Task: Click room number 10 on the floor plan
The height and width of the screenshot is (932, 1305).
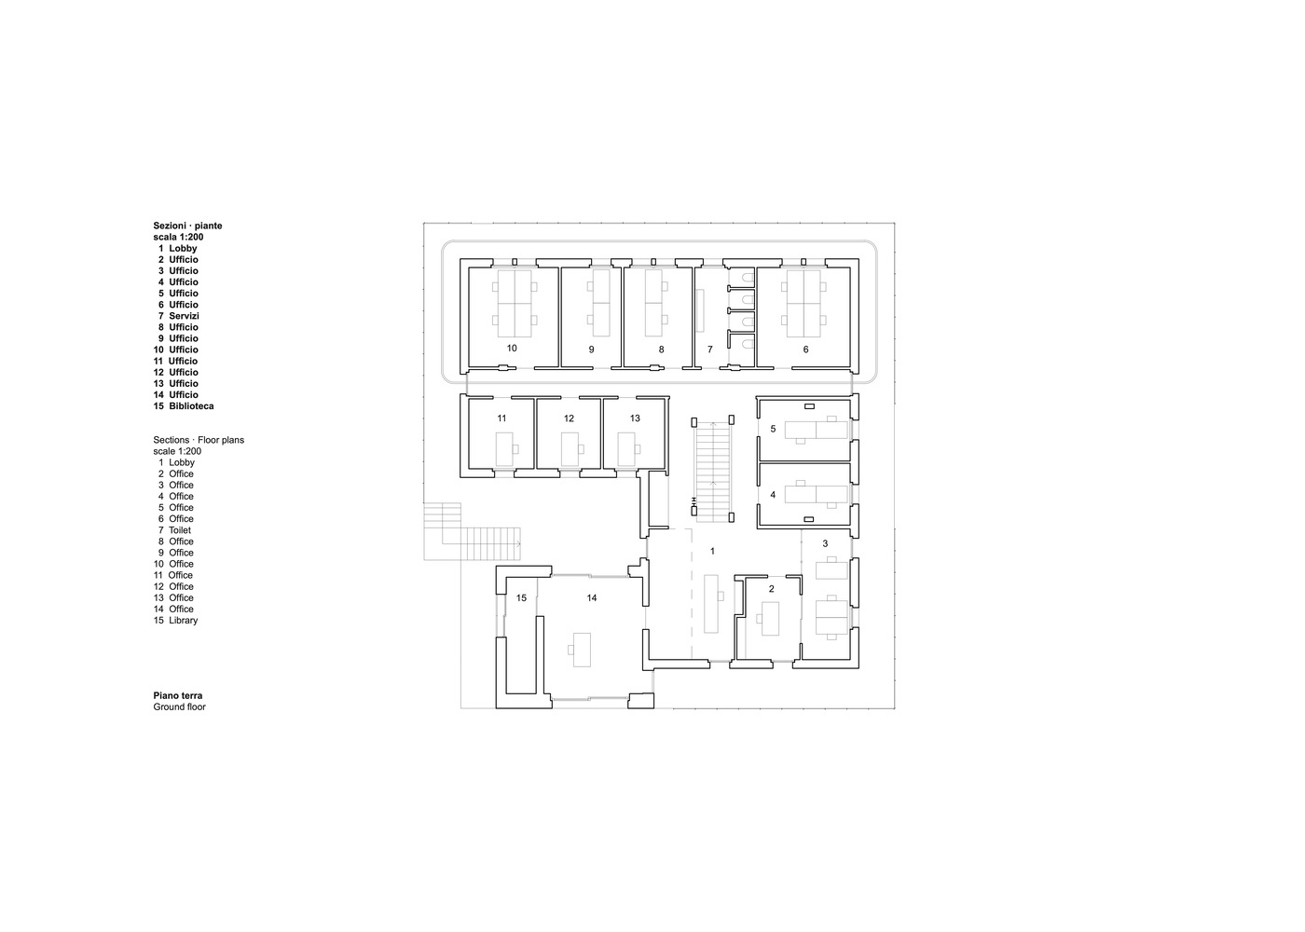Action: [x=512, y=348]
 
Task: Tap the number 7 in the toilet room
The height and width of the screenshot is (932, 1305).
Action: [x=709, y=349]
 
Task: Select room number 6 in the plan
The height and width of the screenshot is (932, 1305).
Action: [x=805, y=349]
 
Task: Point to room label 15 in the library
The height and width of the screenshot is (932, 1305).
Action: [x=521, y=597]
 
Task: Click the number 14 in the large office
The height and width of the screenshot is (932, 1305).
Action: [x=592, y=597]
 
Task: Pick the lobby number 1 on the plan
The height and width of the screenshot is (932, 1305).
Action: [x=712, y=551]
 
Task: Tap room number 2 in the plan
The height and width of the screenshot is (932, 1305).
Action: [x=771, y=589]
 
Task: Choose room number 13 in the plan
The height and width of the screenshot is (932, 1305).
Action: [x=635, y=418]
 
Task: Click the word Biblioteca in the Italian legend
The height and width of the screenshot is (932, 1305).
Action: [x=191, y=406]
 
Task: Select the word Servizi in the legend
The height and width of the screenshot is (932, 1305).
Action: [x=184, y=316]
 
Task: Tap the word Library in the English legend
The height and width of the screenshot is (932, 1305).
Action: [x=183, y=621]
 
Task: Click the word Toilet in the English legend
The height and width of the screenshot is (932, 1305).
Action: [x=180, y=530]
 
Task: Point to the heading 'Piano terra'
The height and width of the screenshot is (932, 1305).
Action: [x=178, y=695]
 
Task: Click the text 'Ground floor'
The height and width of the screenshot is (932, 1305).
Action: [x=180, y=707]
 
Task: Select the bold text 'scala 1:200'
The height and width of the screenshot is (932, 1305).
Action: [x=178, y=237]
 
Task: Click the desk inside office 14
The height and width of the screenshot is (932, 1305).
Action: [x=581, y=649]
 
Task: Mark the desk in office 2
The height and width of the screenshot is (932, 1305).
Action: [x=771, y=618]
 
